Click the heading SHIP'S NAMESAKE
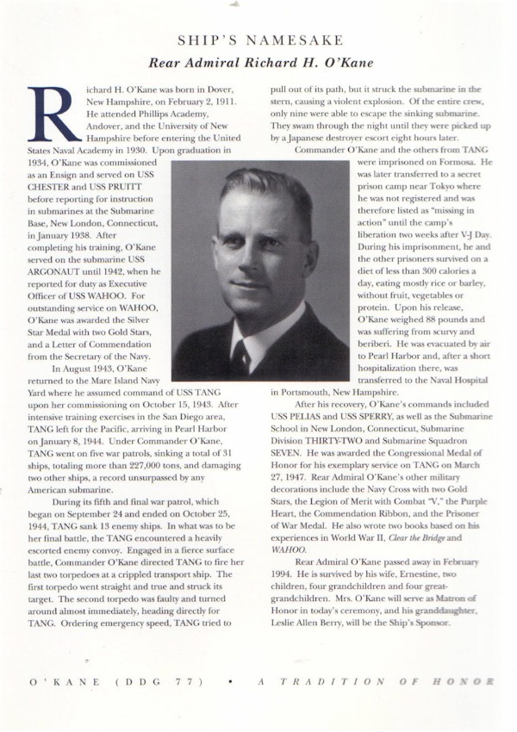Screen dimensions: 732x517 (259, 40)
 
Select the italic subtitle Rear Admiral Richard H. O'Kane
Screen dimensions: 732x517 (259, 62)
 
